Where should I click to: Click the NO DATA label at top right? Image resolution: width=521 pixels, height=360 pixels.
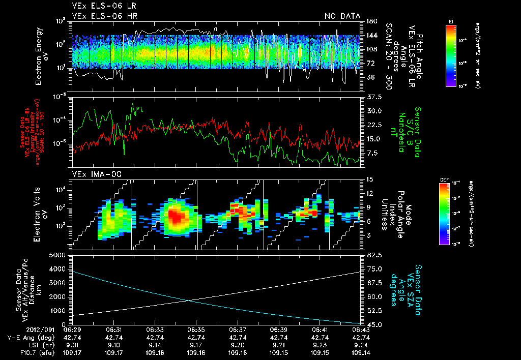point(342,16)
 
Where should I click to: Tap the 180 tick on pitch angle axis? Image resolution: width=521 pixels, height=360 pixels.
point(369,21)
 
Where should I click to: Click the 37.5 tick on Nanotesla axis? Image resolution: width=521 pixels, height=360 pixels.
point(370,97)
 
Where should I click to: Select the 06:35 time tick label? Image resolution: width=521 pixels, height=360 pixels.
point(196,329)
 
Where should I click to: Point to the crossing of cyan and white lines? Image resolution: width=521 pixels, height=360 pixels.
point(189,300)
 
